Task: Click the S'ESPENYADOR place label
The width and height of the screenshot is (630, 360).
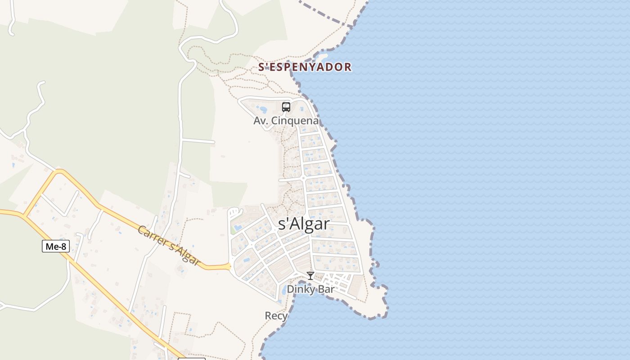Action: pos(305,67)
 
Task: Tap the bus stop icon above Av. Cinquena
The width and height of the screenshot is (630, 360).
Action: pos(286,107)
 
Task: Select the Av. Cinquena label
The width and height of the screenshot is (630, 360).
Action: pos(286,121)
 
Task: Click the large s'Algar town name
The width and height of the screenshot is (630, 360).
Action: pos(304,224)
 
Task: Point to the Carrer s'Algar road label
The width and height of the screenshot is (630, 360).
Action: pos(168,245)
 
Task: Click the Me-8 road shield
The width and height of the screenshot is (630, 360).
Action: pos(56,246)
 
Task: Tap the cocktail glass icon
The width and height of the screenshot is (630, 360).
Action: pos(310,275)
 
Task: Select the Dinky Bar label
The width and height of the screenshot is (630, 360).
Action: pos(310,289)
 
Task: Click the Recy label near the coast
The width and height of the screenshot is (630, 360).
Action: pos(276,315)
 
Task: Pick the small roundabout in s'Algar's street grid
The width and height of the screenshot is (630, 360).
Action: pos(303,178)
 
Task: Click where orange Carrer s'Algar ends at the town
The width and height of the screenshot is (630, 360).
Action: pos(229,266)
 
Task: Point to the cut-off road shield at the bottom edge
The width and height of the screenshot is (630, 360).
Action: pos(191,359)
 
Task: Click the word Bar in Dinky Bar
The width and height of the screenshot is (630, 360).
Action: pos(326,289)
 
